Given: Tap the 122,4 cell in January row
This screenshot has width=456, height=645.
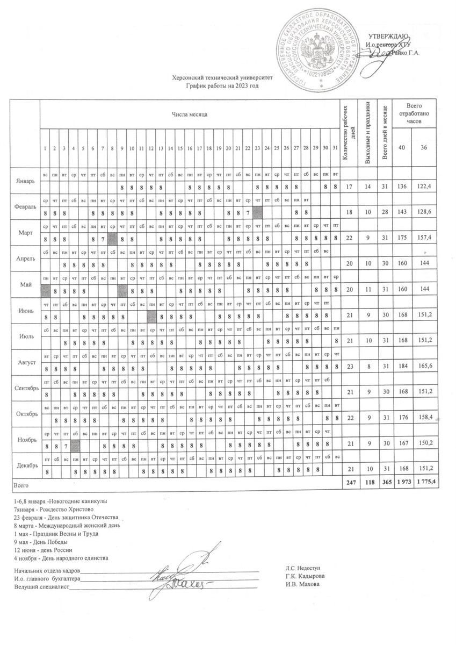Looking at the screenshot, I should (425, 187).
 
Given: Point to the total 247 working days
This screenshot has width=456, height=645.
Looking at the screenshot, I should (350, 484).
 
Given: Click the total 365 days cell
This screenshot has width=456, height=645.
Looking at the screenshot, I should (383, 484).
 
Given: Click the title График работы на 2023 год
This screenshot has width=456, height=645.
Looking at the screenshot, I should (222, 85).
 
